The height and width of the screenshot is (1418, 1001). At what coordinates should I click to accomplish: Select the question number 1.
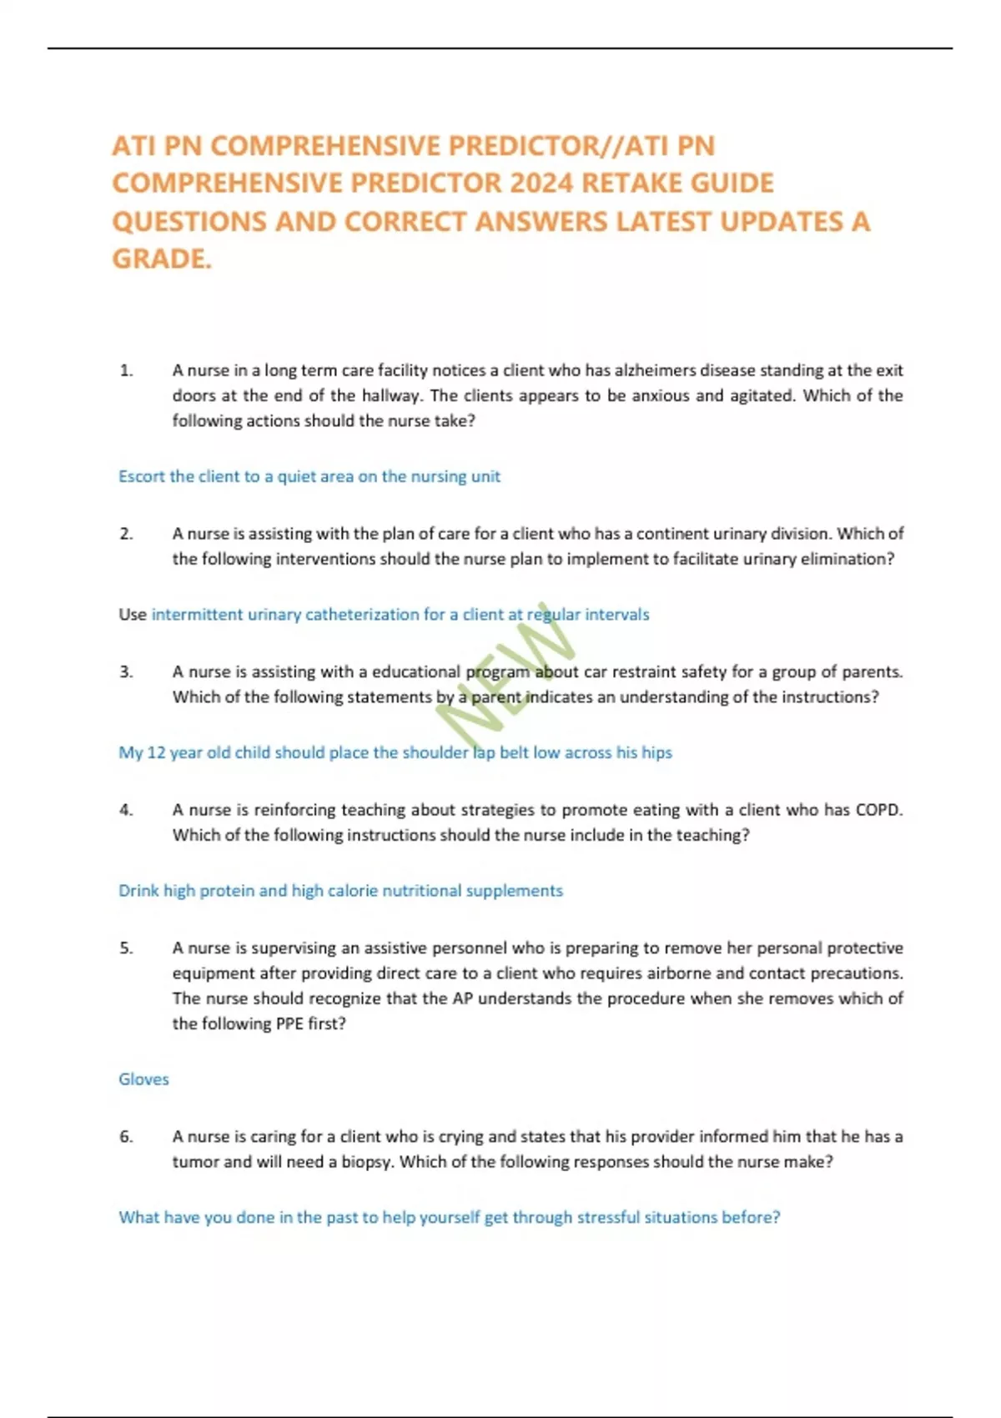(126, 370)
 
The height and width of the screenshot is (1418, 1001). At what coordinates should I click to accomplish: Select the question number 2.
(126, 534)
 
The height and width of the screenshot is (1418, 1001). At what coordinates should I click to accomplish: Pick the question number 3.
(126, 671)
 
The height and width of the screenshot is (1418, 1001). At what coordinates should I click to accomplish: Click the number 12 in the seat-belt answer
(156, 752)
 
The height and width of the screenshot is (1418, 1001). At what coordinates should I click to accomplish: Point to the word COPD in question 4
(878, 810)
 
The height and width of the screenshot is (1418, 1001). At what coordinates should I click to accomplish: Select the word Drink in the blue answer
(138, 891)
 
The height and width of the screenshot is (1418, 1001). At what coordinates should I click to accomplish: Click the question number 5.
(126, 948)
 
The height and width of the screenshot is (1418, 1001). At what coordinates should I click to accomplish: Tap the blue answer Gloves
(143, 1079)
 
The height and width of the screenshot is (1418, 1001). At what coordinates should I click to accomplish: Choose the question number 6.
(126, 1137)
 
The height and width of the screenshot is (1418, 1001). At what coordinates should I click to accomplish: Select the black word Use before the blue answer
(132, 615)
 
